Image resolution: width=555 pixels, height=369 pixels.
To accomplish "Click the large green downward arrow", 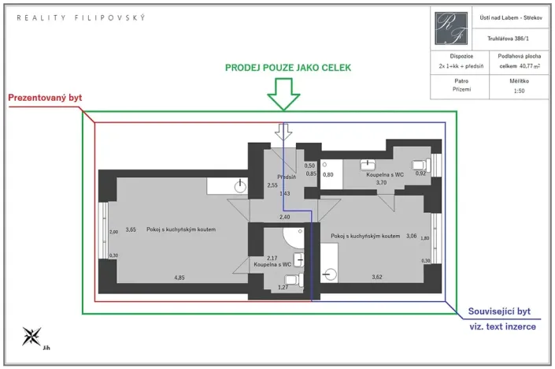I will (x=284, y=96).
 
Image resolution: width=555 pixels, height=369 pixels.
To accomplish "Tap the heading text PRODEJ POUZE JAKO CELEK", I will (x=288, y=68).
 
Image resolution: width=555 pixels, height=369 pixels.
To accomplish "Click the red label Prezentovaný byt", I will (x=45, y=99).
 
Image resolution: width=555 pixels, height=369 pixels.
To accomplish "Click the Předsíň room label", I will (x=286, y=177).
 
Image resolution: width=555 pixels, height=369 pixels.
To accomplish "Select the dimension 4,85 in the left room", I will (x=179, y=278).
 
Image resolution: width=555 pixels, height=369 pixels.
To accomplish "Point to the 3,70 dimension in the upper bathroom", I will (x=382, y=182).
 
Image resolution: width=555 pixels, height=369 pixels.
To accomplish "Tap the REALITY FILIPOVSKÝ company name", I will (x=81, y=17).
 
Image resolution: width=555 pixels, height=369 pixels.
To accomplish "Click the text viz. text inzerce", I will (x=504, y=326).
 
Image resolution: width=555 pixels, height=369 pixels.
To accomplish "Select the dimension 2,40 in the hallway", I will (x=285, y=217).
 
